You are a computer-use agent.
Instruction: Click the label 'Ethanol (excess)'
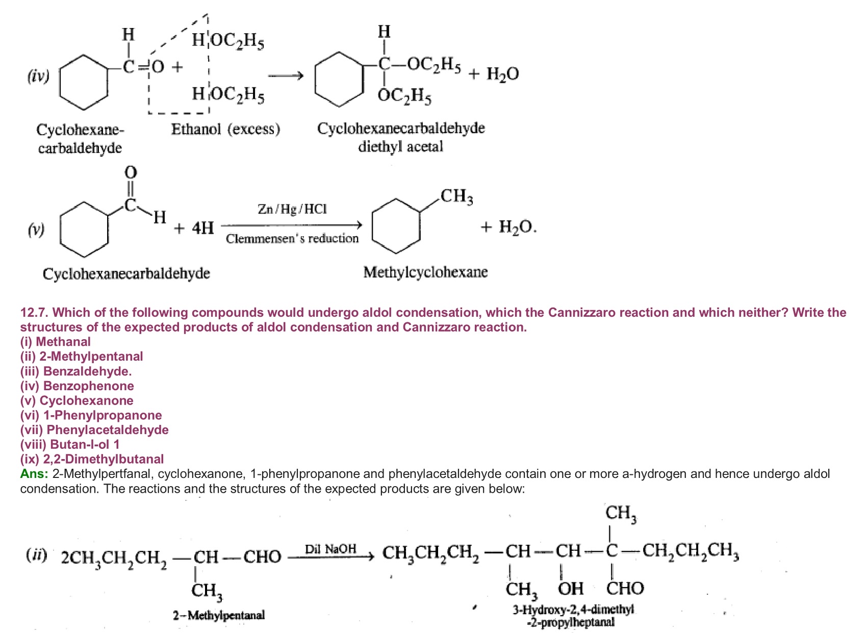[225, 129]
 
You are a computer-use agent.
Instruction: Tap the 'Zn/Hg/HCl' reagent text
[292, 209]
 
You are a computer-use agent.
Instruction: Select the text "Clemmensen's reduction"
[292, 239]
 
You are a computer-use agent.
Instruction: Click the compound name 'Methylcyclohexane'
[425, 272]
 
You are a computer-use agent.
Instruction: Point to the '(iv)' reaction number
[38, 76]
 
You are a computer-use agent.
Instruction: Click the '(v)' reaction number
[36, 230]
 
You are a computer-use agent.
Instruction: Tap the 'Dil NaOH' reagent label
[330, 549]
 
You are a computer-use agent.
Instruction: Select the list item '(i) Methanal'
[55, 342]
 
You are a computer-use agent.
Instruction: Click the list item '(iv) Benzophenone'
[77, 386]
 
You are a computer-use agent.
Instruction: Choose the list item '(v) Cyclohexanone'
[76, 401]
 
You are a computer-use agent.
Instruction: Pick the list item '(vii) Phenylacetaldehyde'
[94, 430]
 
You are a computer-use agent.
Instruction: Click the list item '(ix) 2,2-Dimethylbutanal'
[92, 459]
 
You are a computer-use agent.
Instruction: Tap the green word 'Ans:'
[34, 474]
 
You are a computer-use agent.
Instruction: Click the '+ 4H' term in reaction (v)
[194, 227]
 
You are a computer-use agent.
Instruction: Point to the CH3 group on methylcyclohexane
[456, 196]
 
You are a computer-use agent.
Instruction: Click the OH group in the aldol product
[570, 589]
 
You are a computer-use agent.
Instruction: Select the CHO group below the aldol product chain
[625, 589]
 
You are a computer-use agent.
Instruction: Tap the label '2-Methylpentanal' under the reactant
[218, 615]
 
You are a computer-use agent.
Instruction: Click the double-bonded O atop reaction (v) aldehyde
[131, 172]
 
